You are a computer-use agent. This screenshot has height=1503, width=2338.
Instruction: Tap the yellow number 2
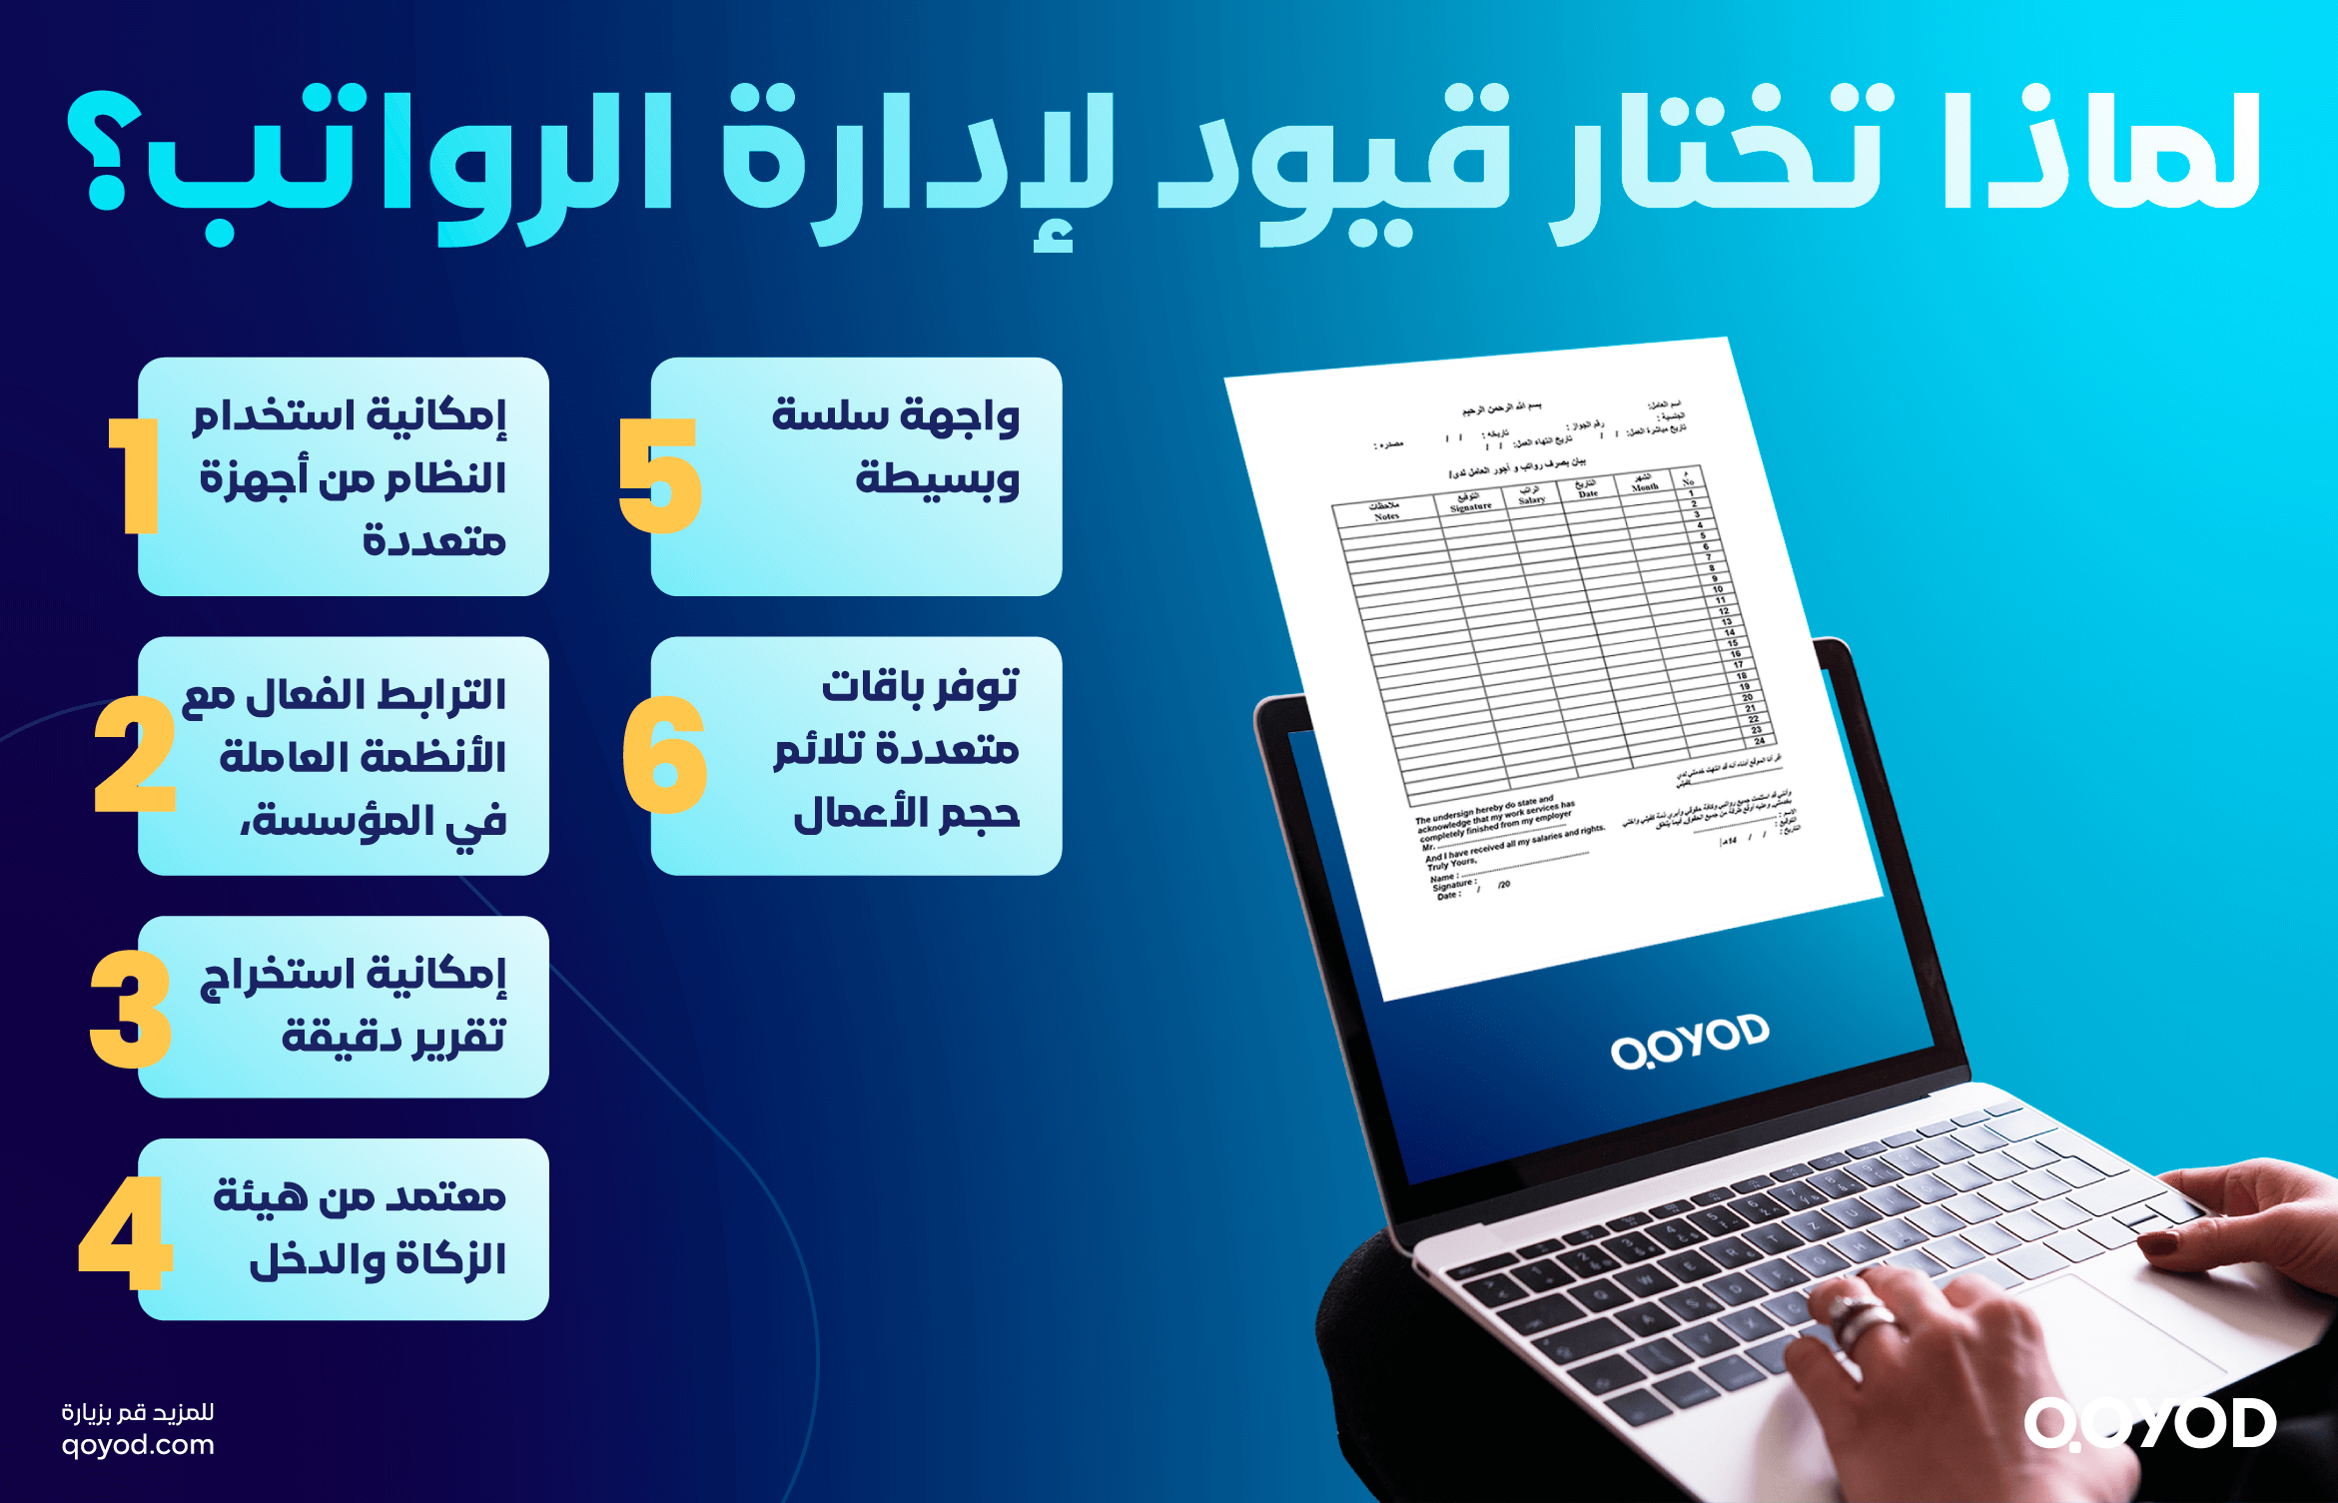tap(135, 755)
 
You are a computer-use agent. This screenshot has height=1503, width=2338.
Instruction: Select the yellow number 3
tap(131, 1009)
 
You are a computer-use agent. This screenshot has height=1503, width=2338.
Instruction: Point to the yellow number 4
tap(126, 1232)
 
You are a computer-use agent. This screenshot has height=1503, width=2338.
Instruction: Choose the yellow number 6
tap(664, 755)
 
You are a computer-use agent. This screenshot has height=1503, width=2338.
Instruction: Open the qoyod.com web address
tap(138, 1445)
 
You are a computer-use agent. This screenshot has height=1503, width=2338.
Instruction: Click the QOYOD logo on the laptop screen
tap(1690, 1041)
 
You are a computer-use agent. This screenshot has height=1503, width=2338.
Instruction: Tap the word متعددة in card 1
tap(434, 541)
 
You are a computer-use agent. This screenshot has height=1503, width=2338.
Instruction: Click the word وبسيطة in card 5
tap(937, 479)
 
